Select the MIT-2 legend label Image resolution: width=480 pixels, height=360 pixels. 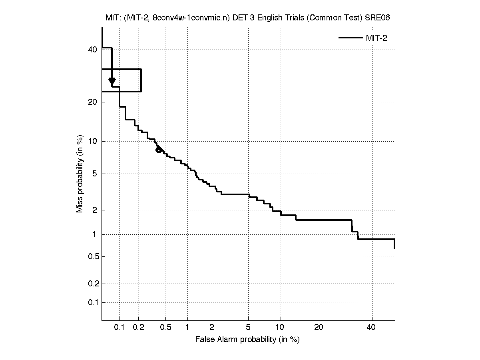pyautogui.click(x=377, y=38)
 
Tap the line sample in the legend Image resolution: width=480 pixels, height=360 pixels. pyautogui.click(x=350, y=38)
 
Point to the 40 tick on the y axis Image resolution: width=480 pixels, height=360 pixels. pyautogui.click(x=93, y=50)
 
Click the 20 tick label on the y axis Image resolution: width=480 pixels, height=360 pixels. pyautogui.click(x=93, y=102)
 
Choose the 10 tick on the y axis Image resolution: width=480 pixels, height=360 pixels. pyautogui.click(x=93, y=141)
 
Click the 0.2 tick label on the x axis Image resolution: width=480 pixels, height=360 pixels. pyautogui.click(x=139, y=328)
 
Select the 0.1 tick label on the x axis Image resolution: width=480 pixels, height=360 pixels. pyautogui.click(x=120, y=328)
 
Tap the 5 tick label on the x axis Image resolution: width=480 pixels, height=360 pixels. pyautogui.click(x=249, y=328)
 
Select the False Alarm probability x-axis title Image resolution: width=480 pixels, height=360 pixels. pyautogui.click(x=247, y=340)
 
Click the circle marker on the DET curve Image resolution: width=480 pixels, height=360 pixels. pyautogui.click(x=159, y=150)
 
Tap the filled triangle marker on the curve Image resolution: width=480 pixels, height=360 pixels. pyautogui.click(x=112, y=81)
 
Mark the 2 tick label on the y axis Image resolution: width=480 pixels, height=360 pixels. pyautogui.click(x=95, y=210)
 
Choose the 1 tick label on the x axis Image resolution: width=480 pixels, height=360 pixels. pyautogui.click(x=187, y=328)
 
